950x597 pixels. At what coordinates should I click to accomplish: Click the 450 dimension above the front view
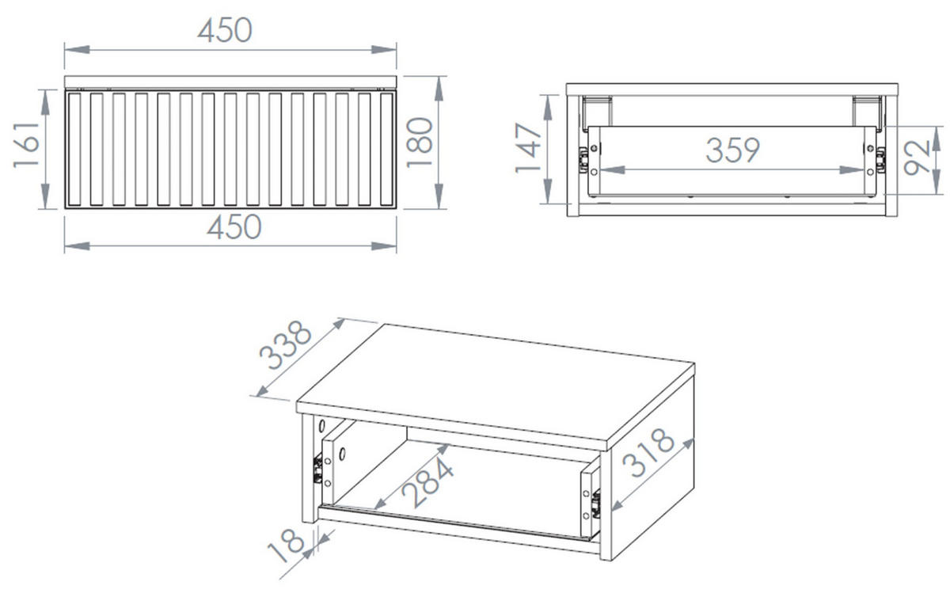(x=225, y=31)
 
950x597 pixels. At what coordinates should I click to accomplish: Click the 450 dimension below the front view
(x=234, y=226)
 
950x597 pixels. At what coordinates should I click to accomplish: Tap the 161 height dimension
(x=26, y=146)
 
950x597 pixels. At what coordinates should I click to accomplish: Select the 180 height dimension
(x=420, y=143)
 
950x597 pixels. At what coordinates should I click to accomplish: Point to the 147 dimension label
(x=528, y=148)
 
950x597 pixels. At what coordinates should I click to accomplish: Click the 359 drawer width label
(x=733, y=150)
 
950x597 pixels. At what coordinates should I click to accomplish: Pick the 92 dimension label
(x=917, y=157)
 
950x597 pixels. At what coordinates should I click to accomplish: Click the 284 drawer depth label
(x=427, y=483)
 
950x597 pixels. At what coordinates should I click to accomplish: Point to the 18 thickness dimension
(x=286, y=546)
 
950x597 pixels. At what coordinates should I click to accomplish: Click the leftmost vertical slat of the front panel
(x=74, y=150)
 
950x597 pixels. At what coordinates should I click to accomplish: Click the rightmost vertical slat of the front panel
(x=387, y=150)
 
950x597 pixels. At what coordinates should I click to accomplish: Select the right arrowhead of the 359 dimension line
(x=852, y=170)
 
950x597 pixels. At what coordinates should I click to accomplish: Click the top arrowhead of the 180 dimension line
(x=439, y=89)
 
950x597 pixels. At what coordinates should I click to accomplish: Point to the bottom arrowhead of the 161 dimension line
(x=46, y=196)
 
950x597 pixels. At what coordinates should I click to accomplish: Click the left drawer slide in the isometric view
(x=317, y=470)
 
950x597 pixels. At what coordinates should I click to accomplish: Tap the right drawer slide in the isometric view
(x=596, y=504)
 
